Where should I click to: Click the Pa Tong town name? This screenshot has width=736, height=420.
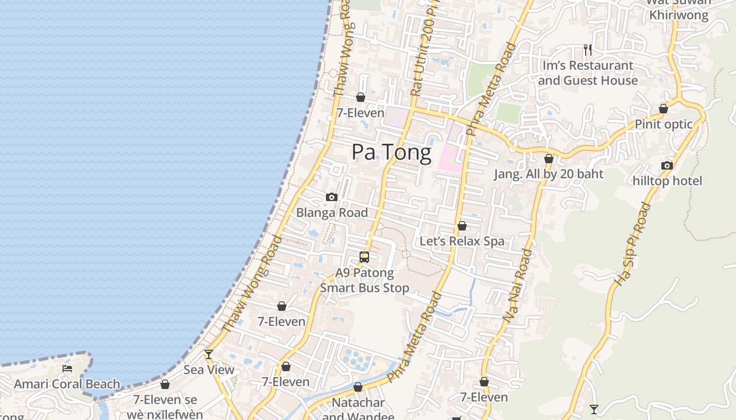(x=392, y=152)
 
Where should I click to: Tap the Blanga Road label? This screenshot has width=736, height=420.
(x=332, y=213)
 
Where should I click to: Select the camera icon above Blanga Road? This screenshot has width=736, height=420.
(x=331, y=197)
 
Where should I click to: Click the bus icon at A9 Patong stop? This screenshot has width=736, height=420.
(x=364, y=257)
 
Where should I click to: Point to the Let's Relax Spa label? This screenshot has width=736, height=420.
(x=462, y=241)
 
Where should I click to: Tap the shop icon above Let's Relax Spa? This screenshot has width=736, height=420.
(x=462, y=226)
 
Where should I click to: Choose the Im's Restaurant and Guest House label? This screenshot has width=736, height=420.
(x=587, y=73)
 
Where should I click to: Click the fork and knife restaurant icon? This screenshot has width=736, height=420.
(x=588, y=50)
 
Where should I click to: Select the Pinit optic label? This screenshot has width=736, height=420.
(x=663, y=124)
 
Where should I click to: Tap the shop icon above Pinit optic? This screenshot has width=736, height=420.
(x=663, y=109)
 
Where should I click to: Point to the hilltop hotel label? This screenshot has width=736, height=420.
(x=667, y=181)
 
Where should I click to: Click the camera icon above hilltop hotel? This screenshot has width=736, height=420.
(x=667, y=166)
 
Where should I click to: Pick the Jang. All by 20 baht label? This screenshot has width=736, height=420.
(x=548, y=174)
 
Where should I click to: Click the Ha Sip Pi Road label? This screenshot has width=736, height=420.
(x=632, y=244)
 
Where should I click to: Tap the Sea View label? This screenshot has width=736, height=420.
(x=209, y=370)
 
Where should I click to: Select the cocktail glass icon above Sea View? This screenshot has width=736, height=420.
(x=209, y=354)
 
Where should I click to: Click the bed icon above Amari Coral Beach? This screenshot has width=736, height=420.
(x=67, y=369)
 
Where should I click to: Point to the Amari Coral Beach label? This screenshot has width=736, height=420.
(x=67, y=384)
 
